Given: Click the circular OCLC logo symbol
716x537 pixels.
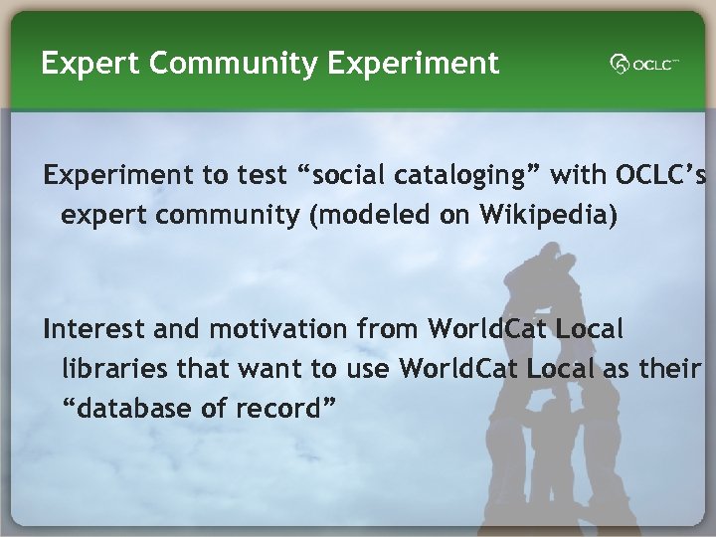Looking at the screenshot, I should pos(620,65).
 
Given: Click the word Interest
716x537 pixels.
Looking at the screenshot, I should pos(91,328).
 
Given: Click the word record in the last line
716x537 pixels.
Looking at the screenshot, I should pos(288,409).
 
